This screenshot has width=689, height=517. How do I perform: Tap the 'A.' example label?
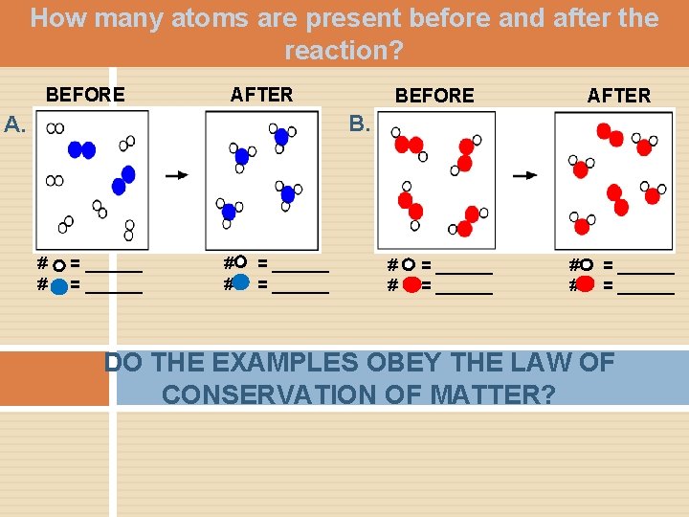coord(16,124)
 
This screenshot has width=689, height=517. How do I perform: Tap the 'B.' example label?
coord(360,124)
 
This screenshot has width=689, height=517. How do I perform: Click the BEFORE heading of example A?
coord(85,94)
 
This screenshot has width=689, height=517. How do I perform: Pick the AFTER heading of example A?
coord(261,94)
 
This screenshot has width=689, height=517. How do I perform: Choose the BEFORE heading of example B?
coord(434,95)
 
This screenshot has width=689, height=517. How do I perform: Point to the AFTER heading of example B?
coord(618,95)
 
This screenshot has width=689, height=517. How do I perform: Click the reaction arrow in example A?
coord(177,175)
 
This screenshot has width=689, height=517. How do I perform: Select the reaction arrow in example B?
coord(525,175)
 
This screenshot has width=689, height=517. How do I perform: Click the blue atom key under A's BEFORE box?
coord(59,284)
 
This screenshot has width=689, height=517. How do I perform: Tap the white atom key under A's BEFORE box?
coord(59,265)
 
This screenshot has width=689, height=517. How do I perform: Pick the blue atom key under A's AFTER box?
coord(241,282)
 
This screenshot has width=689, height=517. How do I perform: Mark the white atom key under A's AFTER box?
coord(240,262)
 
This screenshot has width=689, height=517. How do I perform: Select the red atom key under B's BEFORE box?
coord(411,284)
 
